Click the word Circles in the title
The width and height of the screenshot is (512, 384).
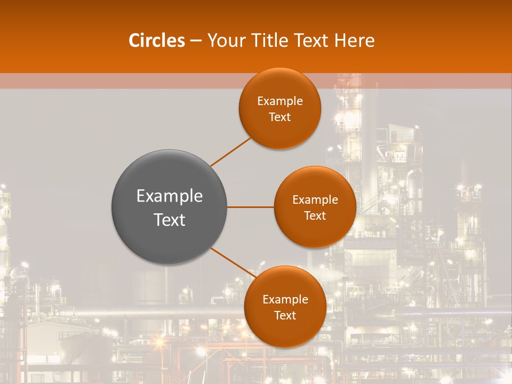(x=157, y=41)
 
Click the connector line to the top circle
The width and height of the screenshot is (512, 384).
(x=231, y=151)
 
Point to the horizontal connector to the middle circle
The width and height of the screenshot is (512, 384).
(x=251, y=207)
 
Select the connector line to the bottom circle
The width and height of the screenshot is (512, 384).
(x=233, y=263)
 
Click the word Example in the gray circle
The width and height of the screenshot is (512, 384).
(x=170, y=196)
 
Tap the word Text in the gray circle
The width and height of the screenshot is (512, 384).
(x=170, y=220)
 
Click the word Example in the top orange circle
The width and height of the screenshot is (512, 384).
(x=280, y=101)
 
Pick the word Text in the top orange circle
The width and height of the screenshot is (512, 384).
(x=280, y=117)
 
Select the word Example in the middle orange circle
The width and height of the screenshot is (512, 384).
(x=315, y=200)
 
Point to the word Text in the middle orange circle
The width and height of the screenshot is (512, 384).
(x=315, y=216)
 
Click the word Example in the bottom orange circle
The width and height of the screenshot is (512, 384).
(x=285, y=300)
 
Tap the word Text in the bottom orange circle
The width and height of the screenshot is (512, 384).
(x=285, y=316)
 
